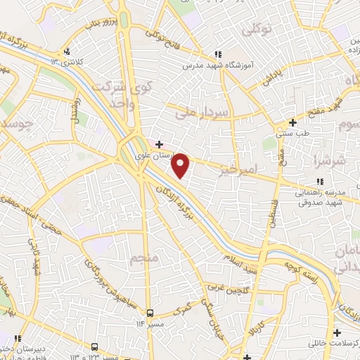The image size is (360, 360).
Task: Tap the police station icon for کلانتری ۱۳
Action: pyautogui.click(x=65, y=51)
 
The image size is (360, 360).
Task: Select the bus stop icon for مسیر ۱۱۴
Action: pyautogui.click(x=150, y=312)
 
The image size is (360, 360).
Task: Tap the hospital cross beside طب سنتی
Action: pyautogui.click(x=292, y=122)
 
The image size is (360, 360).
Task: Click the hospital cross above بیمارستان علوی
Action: pyautogui.click(x=160, y=144)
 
